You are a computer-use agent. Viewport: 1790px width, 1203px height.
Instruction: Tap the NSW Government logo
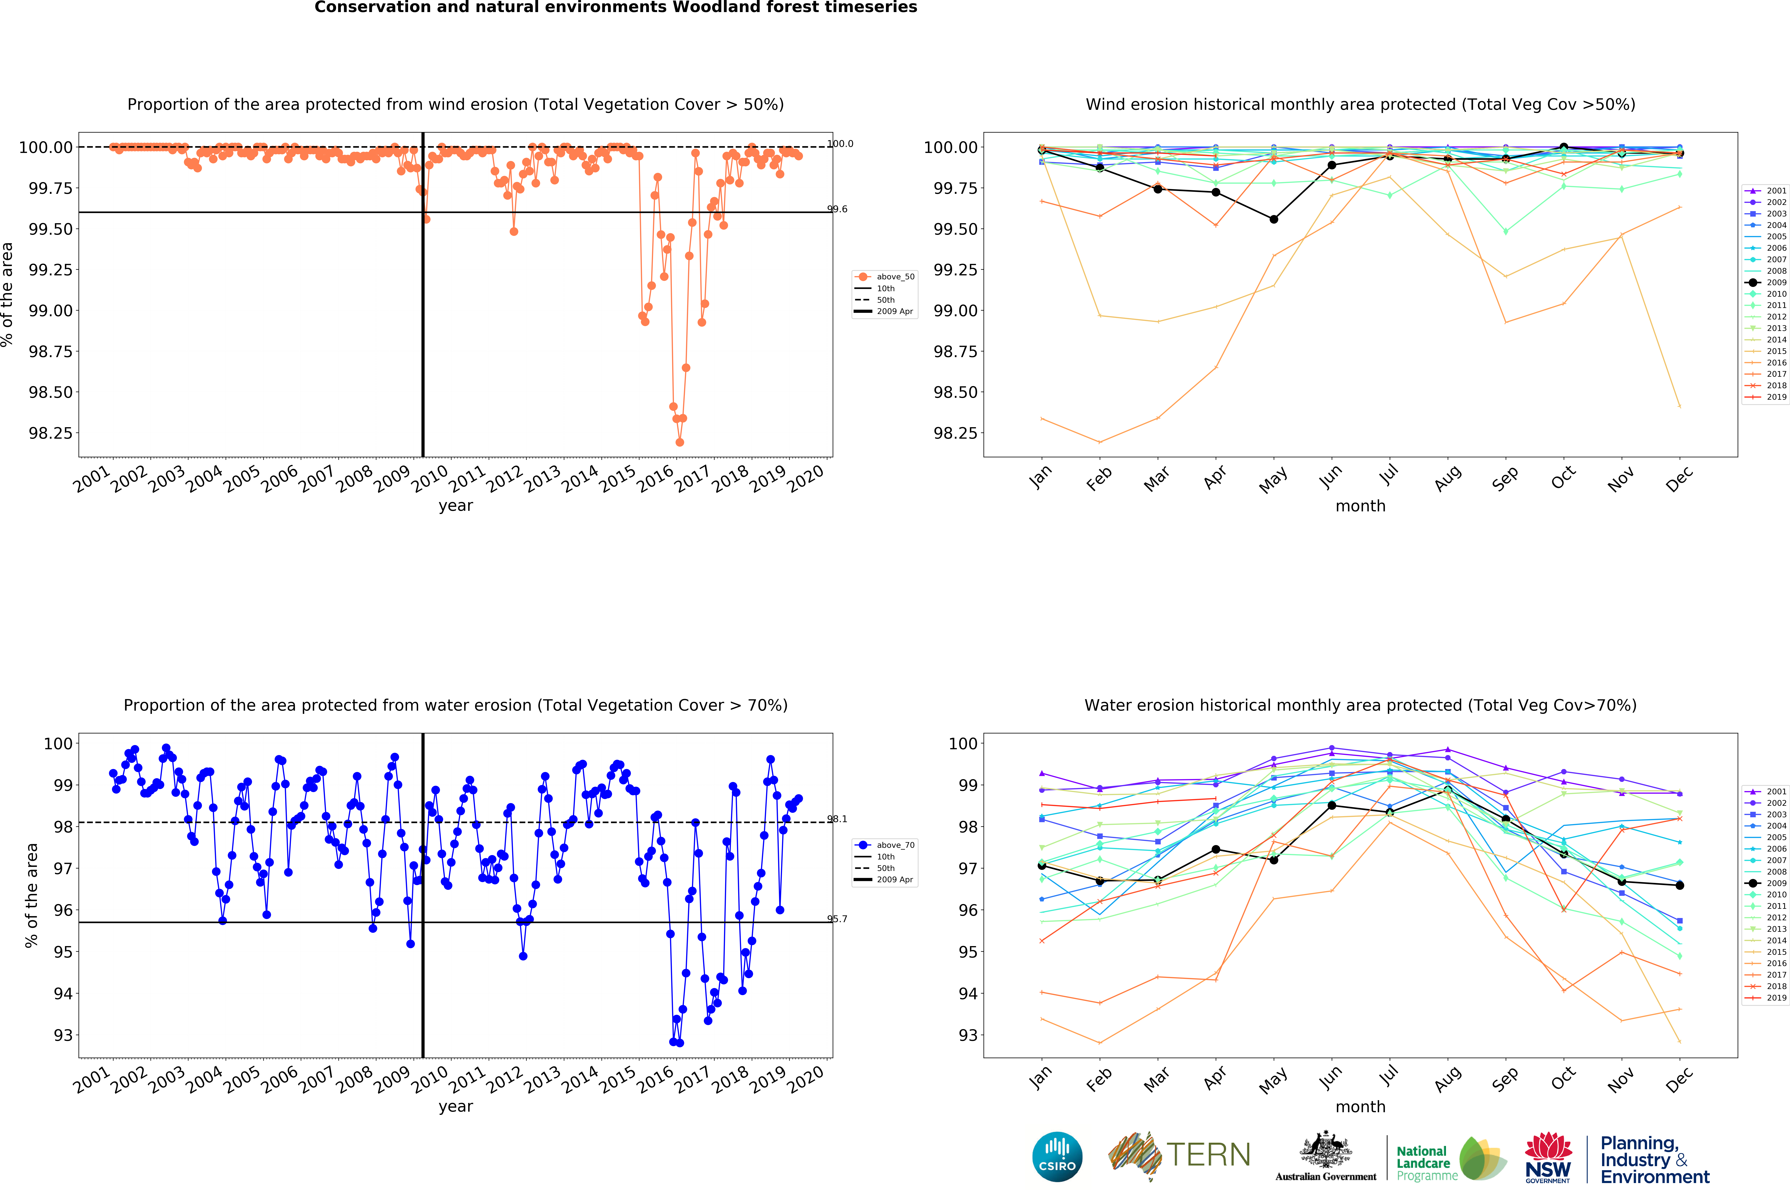(x=1548, y=1157)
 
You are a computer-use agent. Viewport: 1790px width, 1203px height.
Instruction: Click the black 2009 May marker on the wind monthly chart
(x=1274, y=219)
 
